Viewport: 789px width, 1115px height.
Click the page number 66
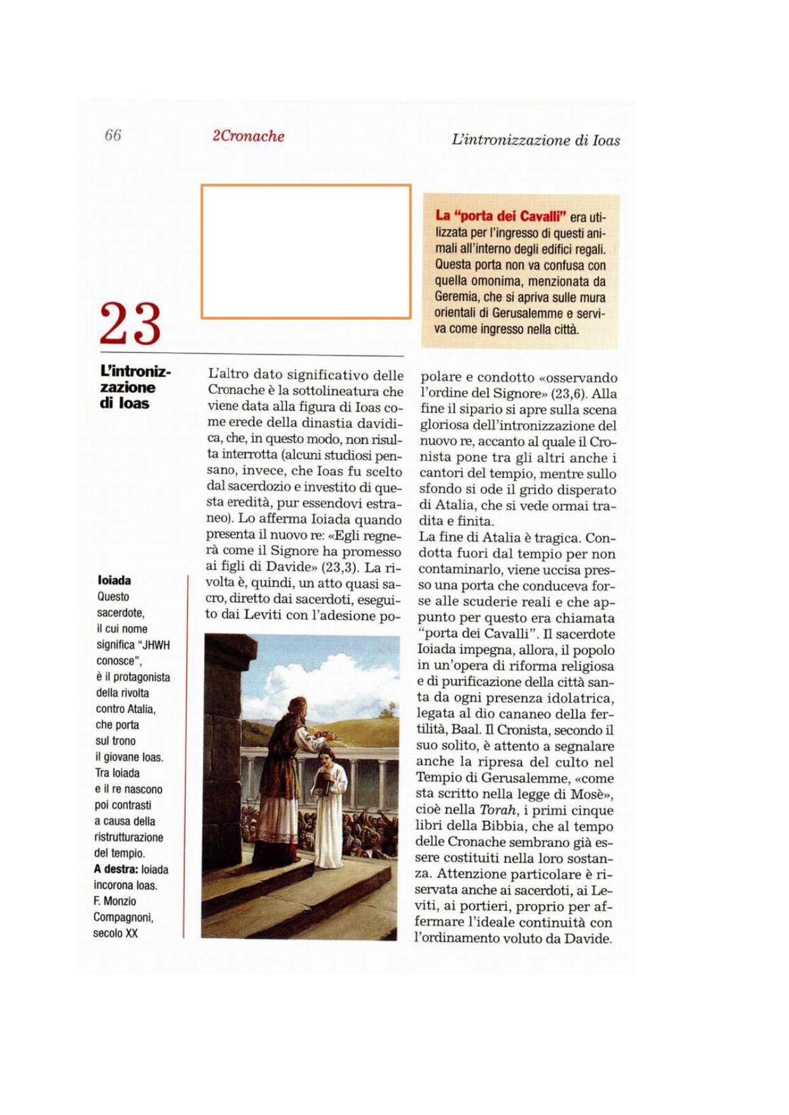[x=113, y=135]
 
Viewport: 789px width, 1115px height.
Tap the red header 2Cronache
[x=248, y=136]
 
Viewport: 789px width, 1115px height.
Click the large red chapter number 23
[x=130, y=324]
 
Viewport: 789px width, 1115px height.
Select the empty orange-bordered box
[x=306, y=252]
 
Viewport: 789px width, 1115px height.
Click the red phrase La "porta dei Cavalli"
[x=500, y=216]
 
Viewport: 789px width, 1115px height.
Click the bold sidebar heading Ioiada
[x=114, y=580]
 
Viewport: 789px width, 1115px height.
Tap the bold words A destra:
[x=116, y=869]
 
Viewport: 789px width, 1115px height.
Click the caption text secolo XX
[x=115, y=933]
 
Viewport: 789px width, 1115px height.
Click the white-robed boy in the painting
[x=329, y=807]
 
